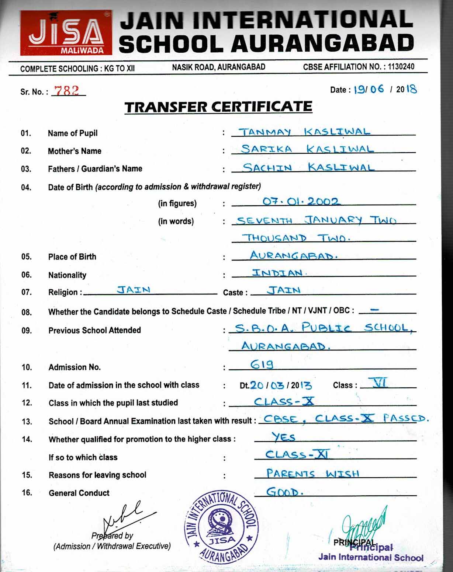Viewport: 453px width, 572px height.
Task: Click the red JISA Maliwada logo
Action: (66, 33)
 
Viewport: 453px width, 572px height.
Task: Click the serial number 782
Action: (67, 90)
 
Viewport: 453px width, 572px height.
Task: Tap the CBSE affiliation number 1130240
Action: (401, 67)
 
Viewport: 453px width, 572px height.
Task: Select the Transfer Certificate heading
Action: (218, 107)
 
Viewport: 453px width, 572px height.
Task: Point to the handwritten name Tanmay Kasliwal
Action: (304, 132)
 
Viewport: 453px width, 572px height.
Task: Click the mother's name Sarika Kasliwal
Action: (307, 149)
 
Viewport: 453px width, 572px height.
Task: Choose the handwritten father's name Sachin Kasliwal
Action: (308, 167)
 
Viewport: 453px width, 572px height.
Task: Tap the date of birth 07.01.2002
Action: (300, 201)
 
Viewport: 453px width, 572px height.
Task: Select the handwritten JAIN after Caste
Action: (284, 290)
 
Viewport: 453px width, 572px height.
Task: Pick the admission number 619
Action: (262, 365)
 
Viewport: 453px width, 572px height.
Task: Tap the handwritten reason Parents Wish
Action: (312, 473)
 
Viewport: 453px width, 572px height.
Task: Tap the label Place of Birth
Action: (72, 257)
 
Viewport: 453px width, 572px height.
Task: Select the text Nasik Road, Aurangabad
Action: (218, 67)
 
